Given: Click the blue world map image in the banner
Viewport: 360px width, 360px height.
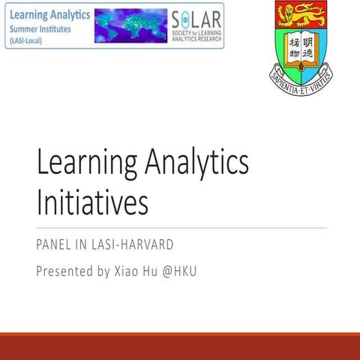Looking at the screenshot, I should [x=129, y=25].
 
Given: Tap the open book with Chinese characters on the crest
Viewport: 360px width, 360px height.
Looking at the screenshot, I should [x=301, y=45].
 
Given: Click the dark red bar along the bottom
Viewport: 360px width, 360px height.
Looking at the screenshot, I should [x=180, y=346].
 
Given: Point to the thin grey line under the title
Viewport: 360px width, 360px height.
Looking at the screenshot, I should [x=180, y=227].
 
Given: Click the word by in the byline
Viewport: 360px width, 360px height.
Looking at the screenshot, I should [x=104, y=270].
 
